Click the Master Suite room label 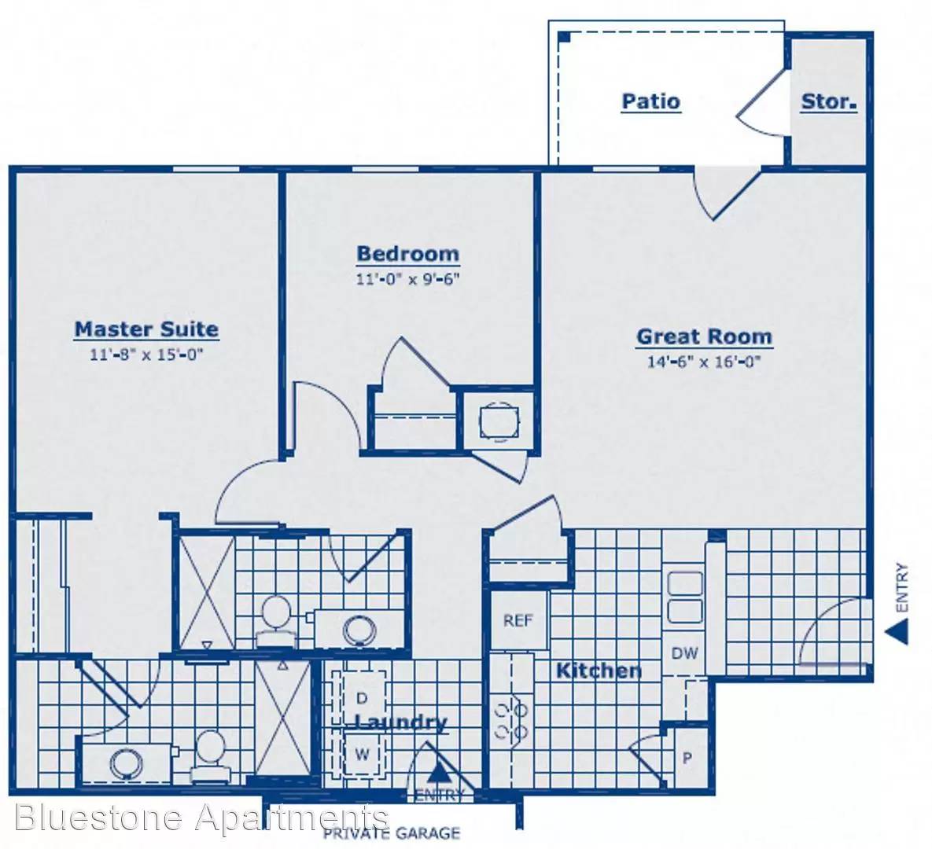point(147,329)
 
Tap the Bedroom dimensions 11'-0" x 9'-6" point(407,278)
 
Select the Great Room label point(705,337)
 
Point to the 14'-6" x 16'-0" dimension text point(705,362)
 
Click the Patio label point(651,101)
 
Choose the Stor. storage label point(829,102)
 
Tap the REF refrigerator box point(518,621)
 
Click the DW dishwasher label point(684,653)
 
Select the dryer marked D point(361,697)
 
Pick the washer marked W point(361,755)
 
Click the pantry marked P point(687,758)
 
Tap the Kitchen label point(599,671)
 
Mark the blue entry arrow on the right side point(897,631)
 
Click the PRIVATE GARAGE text point(392,833)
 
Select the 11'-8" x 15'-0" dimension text point(147,355)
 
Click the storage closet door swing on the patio point(763,104)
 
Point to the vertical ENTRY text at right point(902,587)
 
